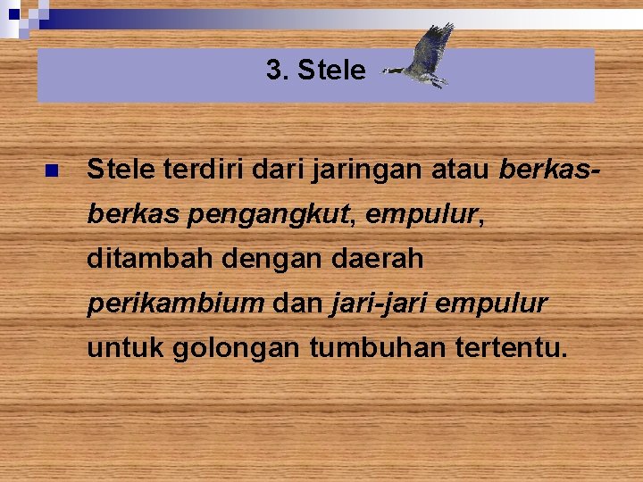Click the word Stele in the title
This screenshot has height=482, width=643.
pos(331,70)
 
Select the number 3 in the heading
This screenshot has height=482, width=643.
pos(273,70)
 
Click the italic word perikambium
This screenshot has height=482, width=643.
pos(175,303)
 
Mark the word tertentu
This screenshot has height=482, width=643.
pos(510,348)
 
